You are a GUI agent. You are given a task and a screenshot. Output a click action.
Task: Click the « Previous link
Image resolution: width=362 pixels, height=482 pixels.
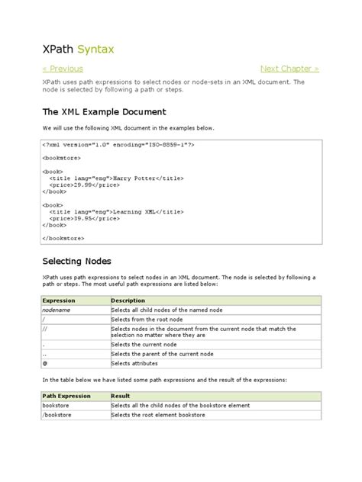[63, 69]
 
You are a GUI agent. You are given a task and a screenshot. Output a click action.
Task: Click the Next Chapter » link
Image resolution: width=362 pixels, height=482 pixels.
[289, 69]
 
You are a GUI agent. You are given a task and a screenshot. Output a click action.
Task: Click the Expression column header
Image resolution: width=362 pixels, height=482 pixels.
[59, 300]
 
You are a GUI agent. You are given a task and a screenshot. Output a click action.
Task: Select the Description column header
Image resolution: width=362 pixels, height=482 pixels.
[128, 300]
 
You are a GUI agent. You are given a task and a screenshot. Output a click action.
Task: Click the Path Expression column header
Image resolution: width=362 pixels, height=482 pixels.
[66, 397]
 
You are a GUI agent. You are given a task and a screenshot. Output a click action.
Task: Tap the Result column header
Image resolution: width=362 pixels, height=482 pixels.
[121, 397]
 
